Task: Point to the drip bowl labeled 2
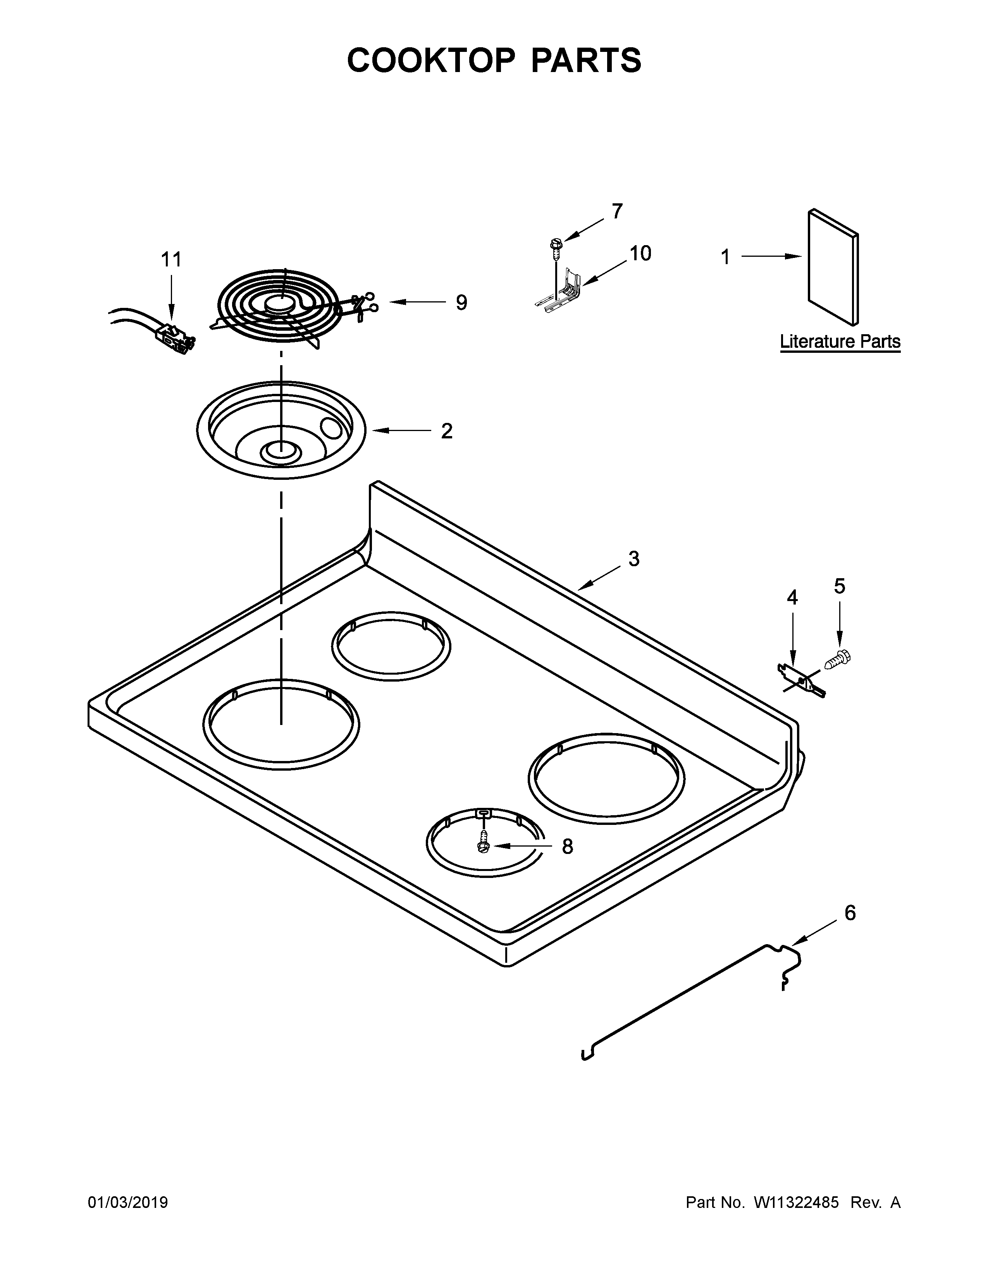tap(281, 430)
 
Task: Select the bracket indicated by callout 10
tap(562, 292)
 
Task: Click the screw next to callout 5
tap(838, 660)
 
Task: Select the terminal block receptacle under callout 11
tap(174, 339)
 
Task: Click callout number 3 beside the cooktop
tap(634, 559)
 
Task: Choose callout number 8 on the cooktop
tap(567, 846)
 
